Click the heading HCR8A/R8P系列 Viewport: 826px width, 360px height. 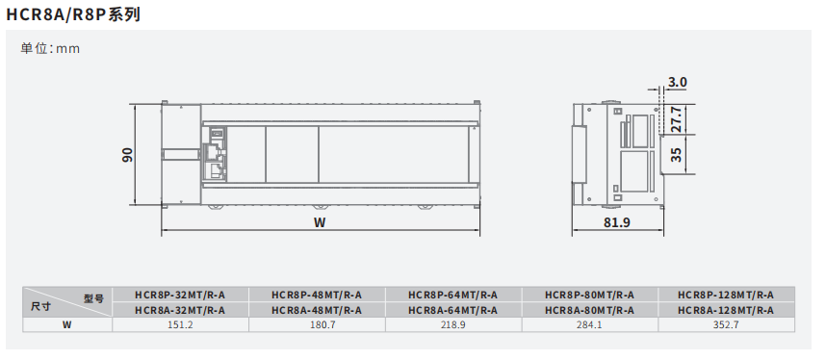[x=73, y=14]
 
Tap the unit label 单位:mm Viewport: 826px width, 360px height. [x=50, y=48]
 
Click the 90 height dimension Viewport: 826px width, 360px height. [x=127, y=154]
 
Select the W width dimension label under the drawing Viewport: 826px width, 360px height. [x=320, y=222]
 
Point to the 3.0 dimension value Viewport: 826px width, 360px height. [x=677, y=82]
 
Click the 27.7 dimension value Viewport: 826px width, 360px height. [x=677, y=119]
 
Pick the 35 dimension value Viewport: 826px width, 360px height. [x=677, y=154]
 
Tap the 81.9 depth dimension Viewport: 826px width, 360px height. [x=616, y=222]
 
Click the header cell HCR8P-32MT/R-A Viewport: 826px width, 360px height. [x=180, y=295]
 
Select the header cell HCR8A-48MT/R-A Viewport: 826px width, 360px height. [x=317, y=311]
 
